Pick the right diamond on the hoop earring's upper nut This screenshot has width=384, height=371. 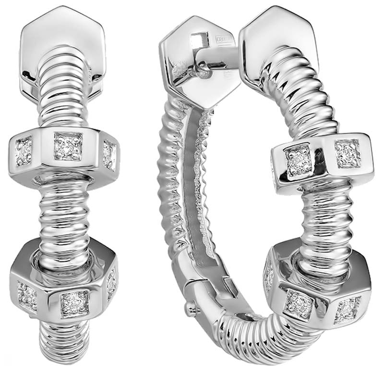tap(347, 153)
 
